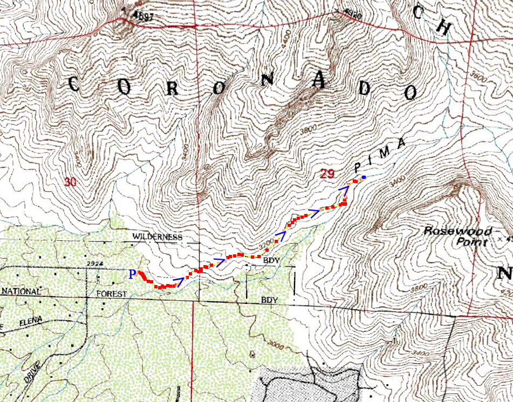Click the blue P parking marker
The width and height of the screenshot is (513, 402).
point(132,275)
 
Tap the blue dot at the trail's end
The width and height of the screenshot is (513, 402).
point(364,177)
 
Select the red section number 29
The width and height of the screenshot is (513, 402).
point(327,174)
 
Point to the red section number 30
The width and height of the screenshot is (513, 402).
point(70,182)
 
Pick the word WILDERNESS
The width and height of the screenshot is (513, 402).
point(158,237)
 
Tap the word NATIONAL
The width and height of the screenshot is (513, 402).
point(21,292)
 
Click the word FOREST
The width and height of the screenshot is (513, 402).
point(111,294)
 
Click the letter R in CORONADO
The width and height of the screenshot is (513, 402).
point(172,89)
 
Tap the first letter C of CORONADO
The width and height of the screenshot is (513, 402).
point(74,84)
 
